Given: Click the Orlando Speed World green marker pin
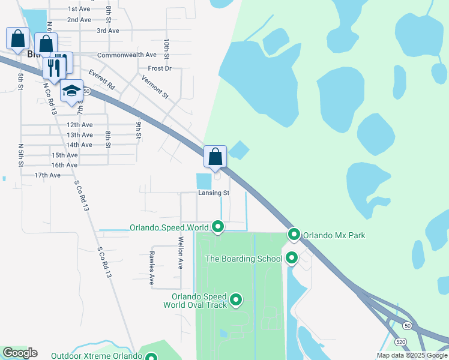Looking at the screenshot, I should (218, 227).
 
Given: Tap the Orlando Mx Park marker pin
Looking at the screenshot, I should (294, 234).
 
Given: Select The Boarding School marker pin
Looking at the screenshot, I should (292, 258).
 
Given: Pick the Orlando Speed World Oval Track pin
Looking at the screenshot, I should (236, 299).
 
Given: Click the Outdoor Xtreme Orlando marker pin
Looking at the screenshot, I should (151, 356).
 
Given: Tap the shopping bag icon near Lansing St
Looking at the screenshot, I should (215, 157).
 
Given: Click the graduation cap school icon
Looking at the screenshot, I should (71, 92).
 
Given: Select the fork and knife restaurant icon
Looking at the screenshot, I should (55, 67).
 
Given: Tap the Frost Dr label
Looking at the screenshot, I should (160, 68).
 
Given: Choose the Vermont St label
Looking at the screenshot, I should (155, 87).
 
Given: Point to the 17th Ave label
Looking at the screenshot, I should (47, 175).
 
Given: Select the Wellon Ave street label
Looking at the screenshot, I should (179, 254).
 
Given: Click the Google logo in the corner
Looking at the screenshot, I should (20, 353).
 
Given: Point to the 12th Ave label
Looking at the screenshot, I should (79, 125).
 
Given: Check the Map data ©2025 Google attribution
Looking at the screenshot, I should (411, 355).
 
